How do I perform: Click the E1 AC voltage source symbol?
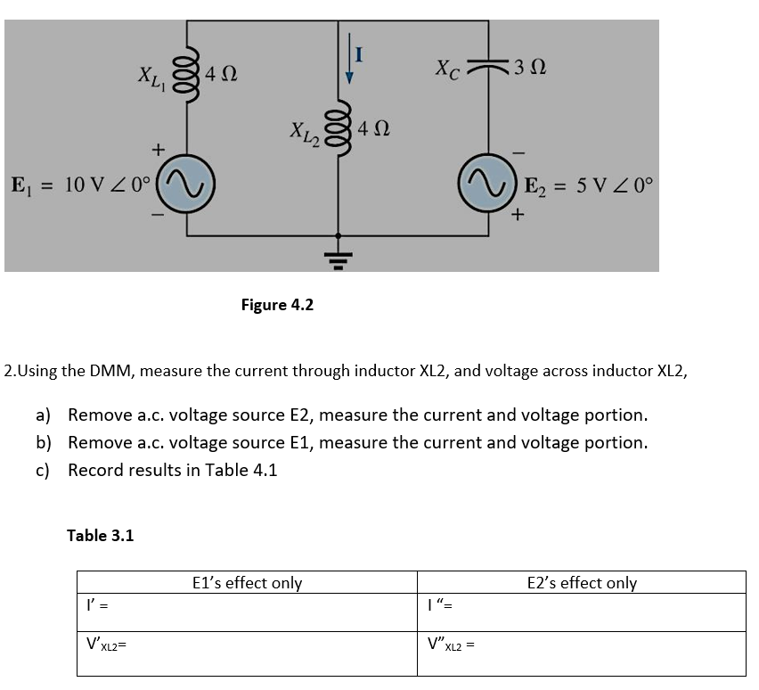tap(187, 186)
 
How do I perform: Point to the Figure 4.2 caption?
tap(277, 305)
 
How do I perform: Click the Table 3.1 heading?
tap(101, 535)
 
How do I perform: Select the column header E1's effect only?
tap(247, 583)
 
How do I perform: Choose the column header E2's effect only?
tap(582, 583)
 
